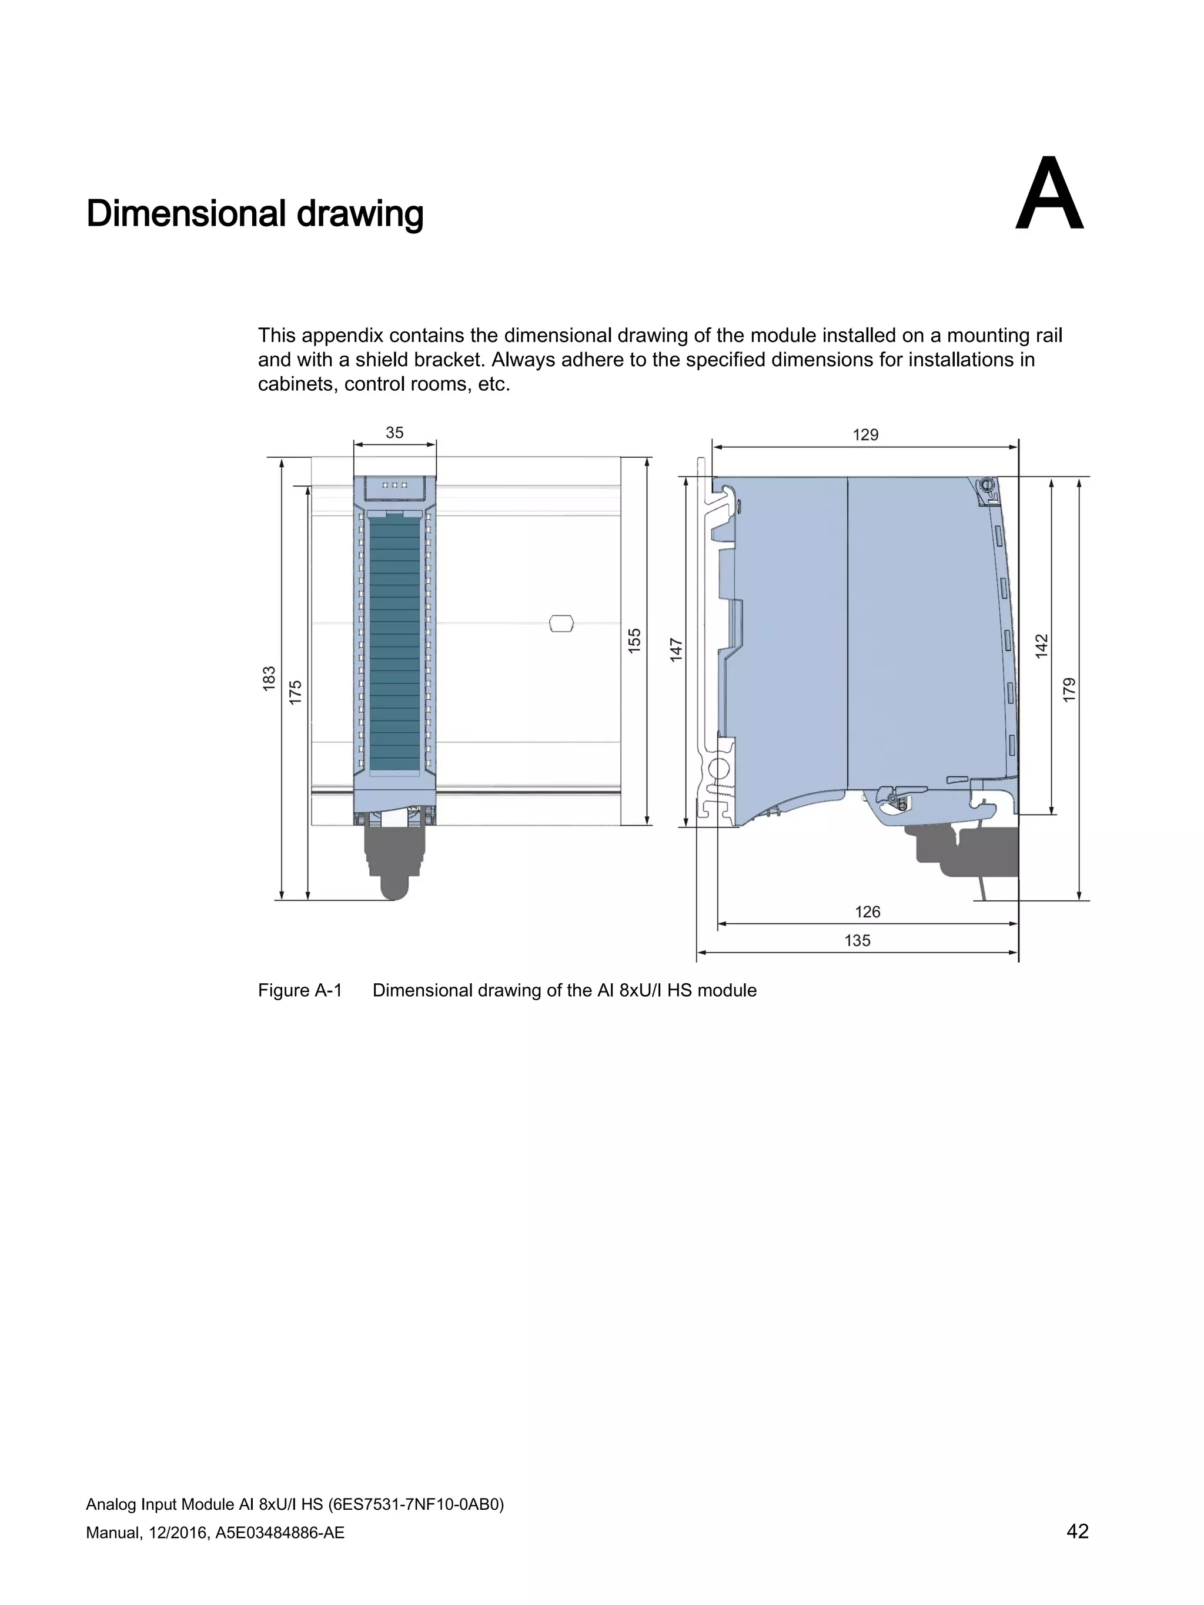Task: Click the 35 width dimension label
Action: pos(394,433)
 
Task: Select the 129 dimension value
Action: pos(865,435)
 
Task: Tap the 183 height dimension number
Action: pos(269,678)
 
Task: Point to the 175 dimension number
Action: pos(295,692)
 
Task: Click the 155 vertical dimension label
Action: pos(634,641)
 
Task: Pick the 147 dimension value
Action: pos(677,649)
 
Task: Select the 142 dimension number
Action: pos(1041,646)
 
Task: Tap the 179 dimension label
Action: pos(1069,689)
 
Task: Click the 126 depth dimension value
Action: pos(867,912)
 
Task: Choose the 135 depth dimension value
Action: pos(857,940)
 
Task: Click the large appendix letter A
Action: pos(1049,195)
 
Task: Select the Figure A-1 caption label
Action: pos(300,990)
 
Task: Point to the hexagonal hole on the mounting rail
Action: pos(561,624)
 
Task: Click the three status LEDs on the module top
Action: pos(394,485)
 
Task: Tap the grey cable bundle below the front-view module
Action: pos(394,863)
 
